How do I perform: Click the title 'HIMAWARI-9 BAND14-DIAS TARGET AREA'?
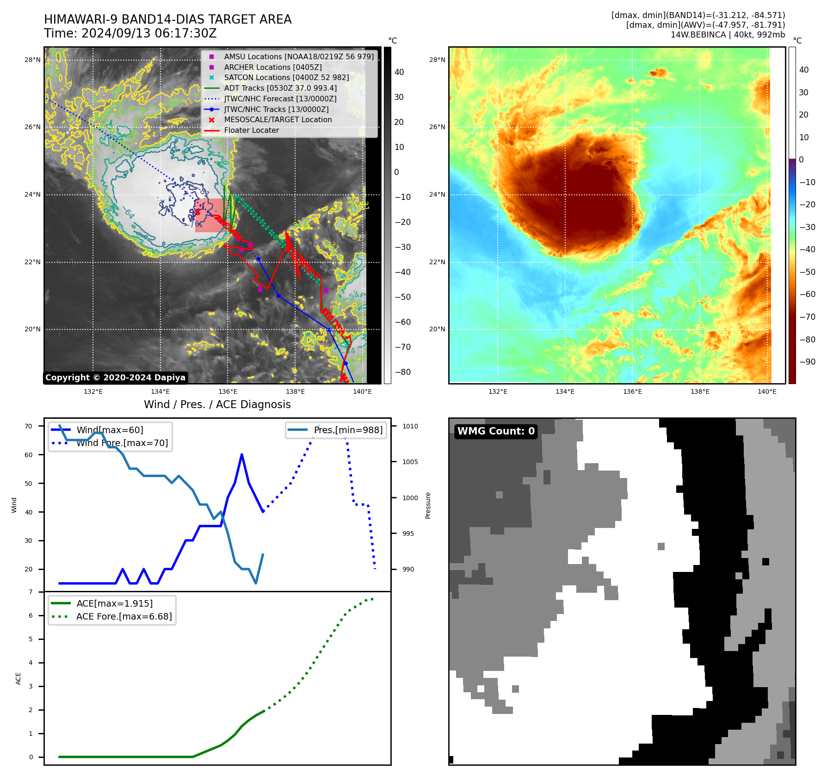point(167,19)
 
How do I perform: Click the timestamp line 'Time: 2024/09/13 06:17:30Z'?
point(130,33)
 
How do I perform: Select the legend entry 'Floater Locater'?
point(251,130)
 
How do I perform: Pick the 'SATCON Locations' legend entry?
point(286,78)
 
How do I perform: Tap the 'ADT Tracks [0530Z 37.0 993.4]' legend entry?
point(280,88)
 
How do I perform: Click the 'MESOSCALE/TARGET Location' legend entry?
point(278,120)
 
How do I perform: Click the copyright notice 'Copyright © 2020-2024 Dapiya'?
point(115,378)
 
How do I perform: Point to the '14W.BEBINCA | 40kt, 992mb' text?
point(728,35)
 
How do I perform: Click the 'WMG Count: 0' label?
point(496,431)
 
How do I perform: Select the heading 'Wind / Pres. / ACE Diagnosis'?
point(217,404)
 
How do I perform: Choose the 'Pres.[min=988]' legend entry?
point(348,430)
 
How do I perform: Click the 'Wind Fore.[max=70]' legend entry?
point(122,443)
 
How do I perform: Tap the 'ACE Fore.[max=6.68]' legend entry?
point(124,616)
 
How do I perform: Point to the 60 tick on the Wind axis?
point(29,455)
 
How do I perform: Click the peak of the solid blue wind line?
point(241,455)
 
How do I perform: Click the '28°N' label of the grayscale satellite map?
point(32,60)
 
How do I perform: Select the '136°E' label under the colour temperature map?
point(632,391)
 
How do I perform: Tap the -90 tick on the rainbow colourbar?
point(808,362)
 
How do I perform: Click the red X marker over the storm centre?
point(197,212)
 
